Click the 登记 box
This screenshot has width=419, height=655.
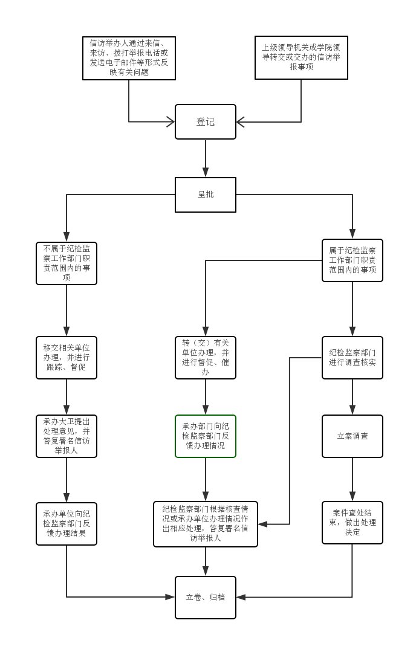point(206,121)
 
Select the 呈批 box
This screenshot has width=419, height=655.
point(206,195)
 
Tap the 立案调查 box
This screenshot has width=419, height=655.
point(352,436)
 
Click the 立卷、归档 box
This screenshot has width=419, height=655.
point(206,598)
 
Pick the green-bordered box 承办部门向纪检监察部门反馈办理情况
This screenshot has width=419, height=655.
point(206,436)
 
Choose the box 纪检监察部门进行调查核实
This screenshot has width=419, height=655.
point(352,358)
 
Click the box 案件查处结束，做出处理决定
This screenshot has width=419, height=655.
point(352,523)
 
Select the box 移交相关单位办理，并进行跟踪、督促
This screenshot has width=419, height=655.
point(67,358)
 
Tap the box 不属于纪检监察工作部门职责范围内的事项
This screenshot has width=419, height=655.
point(67,263)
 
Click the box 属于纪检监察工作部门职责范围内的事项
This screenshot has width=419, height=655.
point(352,260)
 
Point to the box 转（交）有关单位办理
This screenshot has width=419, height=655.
point(206,358)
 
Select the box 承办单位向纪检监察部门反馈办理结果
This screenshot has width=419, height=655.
point(67,524)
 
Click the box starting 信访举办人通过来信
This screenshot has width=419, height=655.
point(129,58)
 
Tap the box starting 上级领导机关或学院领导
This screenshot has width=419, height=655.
point(301,57)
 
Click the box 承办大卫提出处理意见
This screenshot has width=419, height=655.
point(67,436)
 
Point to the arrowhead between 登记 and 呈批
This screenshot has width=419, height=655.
point(206,172)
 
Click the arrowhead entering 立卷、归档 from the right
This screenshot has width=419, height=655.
point(241,598)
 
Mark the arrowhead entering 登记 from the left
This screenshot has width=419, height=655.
point(171,122)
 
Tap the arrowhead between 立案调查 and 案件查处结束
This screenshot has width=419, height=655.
point(352,496)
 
